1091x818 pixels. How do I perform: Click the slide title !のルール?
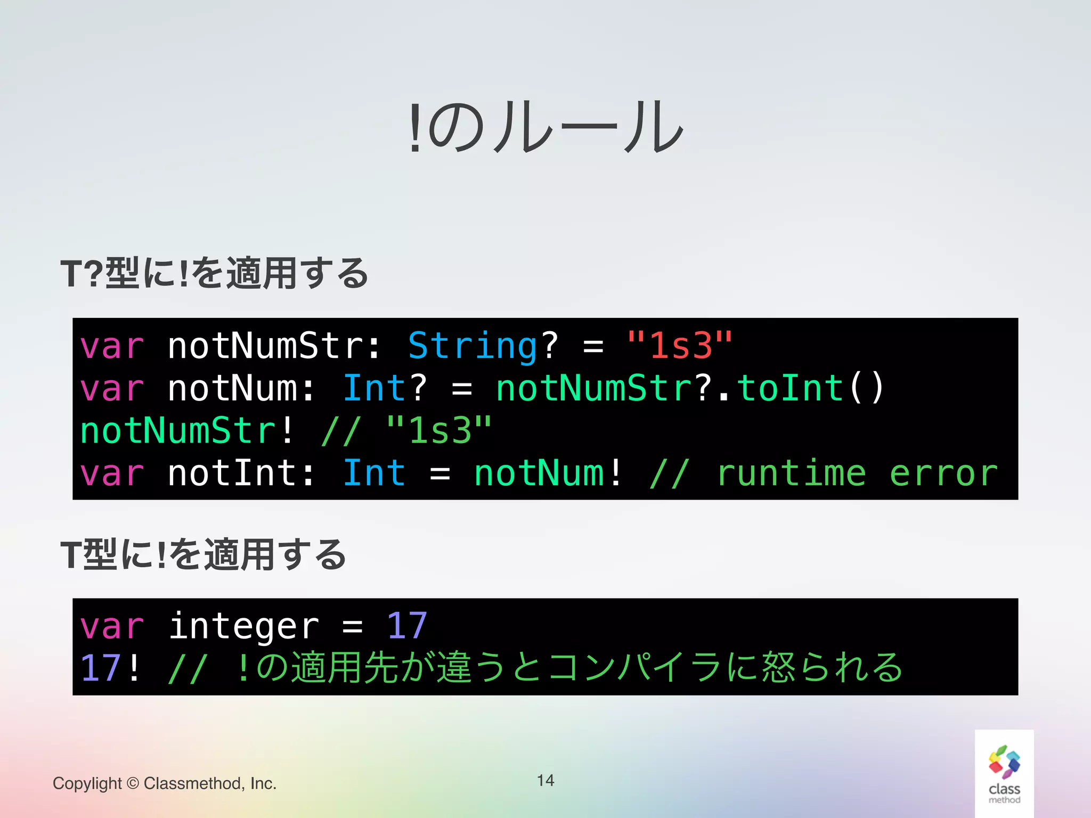[545, 127]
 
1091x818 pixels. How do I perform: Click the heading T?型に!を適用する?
[214, 273]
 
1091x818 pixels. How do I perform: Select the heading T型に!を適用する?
[203, 554]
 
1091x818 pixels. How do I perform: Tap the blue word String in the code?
[473, 346]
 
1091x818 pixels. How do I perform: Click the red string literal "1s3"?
[679, 346]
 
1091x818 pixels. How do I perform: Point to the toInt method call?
[790, 388]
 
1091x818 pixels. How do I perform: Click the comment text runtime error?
[857, 473]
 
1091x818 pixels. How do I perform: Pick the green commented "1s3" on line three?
[438, 431]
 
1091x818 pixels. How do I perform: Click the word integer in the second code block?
[244, 626]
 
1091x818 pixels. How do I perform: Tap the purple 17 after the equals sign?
[406, 626]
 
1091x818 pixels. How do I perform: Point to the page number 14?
[545, 781]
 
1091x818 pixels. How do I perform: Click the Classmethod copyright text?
[165, 783]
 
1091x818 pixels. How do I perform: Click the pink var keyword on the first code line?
[112, 346]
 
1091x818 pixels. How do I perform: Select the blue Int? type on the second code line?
[384, 388]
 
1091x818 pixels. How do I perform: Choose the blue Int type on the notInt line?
[374, 473]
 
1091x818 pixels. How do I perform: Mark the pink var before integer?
[112, 626]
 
